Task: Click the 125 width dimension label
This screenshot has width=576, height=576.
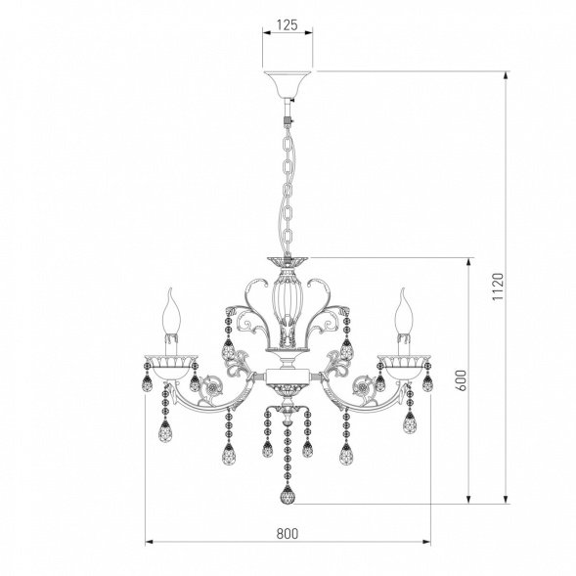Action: tap(287, 26)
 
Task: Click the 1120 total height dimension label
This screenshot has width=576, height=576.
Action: tap(496, 286)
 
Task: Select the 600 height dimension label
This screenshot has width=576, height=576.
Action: tap(460, 380)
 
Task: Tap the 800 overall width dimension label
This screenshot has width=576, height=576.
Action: tap(287, 533)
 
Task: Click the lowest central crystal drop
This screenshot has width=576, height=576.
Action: tap(288, 494)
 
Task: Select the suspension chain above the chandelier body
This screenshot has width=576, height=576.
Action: tap(288, 191)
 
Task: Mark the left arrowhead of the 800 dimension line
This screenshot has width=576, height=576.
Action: tap(150, 541)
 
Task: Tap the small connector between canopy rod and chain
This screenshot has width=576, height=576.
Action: tap(288, 121)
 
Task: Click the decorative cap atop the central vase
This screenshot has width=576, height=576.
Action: tap(288, 261)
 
